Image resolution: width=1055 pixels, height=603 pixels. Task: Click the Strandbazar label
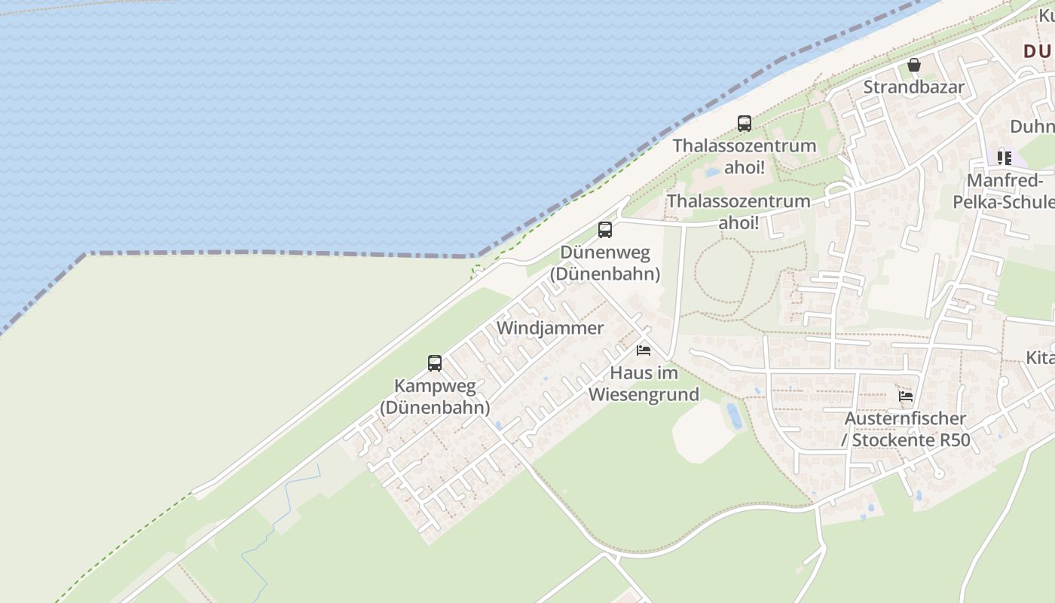click(913, 87)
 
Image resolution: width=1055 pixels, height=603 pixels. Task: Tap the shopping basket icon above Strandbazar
click(914, 66)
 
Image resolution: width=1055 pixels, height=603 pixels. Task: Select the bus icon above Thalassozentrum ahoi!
click(744, 124)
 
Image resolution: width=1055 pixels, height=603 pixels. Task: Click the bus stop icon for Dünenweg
click(605, 230)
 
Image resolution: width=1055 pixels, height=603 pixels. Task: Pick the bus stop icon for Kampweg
click(435, 363)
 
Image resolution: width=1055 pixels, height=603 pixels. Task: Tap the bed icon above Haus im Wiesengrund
click(644, 350)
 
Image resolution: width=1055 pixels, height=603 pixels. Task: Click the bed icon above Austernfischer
click(906, 396)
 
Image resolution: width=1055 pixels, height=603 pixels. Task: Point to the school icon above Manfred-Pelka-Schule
click(1004, 158)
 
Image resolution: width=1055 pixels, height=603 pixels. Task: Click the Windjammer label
click(550, 328)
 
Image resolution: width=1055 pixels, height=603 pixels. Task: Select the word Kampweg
click(435, 386)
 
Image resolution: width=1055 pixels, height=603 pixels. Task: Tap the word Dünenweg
click(605, 253)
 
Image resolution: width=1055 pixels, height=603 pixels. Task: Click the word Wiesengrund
click(644, 394)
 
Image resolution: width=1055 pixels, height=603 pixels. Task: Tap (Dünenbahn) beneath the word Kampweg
click(435, 408)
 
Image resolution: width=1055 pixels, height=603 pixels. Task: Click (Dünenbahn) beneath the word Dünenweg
click(605, 274)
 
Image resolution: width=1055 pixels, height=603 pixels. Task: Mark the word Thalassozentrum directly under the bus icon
click(744, 145)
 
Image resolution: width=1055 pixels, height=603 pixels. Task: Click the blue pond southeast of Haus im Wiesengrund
click(733, 416)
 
